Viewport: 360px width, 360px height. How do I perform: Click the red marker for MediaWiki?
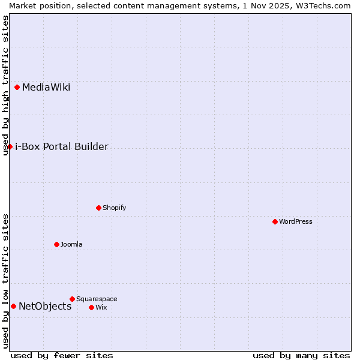coord(17,87)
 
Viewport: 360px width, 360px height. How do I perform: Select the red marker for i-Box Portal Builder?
coord(10,146)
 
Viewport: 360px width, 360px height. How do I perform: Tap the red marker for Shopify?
coord(98,208)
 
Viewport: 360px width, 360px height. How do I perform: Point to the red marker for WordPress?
coord(275,221)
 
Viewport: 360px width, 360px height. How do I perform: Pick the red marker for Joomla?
coord(56,244)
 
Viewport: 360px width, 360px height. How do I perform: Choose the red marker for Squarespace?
coord(72,299)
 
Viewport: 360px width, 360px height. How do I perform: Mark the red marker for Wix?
coord(91,307)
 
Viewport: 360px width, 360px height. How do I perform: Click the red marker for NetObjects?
coord(13,306)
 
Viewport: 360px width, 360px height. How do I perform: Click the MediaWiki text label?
coord(46,88)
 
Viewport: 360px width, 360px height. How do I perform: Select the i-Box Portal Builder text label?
coord(61,147)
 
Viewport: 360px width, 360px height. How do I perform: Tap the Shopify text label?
coord(114,208)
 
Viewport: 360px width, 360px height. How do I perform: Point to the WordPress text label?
coord(295,222)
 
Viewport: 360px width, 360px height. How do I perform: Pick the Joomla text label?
coord(71,245)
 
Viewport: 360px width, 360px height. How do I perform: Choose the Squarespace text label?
coord(97,299)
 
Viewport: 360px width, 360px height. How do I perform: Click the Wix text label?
coord(101,308)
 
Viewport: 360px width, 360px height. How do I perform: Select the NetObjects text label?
coord(45,307)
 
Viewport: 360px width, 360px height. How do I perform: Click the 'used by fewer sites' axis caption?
coord(62,355)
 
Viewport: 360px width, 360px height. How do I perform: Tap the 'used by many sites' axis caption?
coord(301,355)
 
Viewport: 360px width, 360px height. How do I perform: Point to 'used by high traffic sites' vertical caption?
coord(5,85)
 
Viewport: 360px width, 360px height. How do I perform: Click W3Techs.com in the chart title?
coord(323,5)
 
